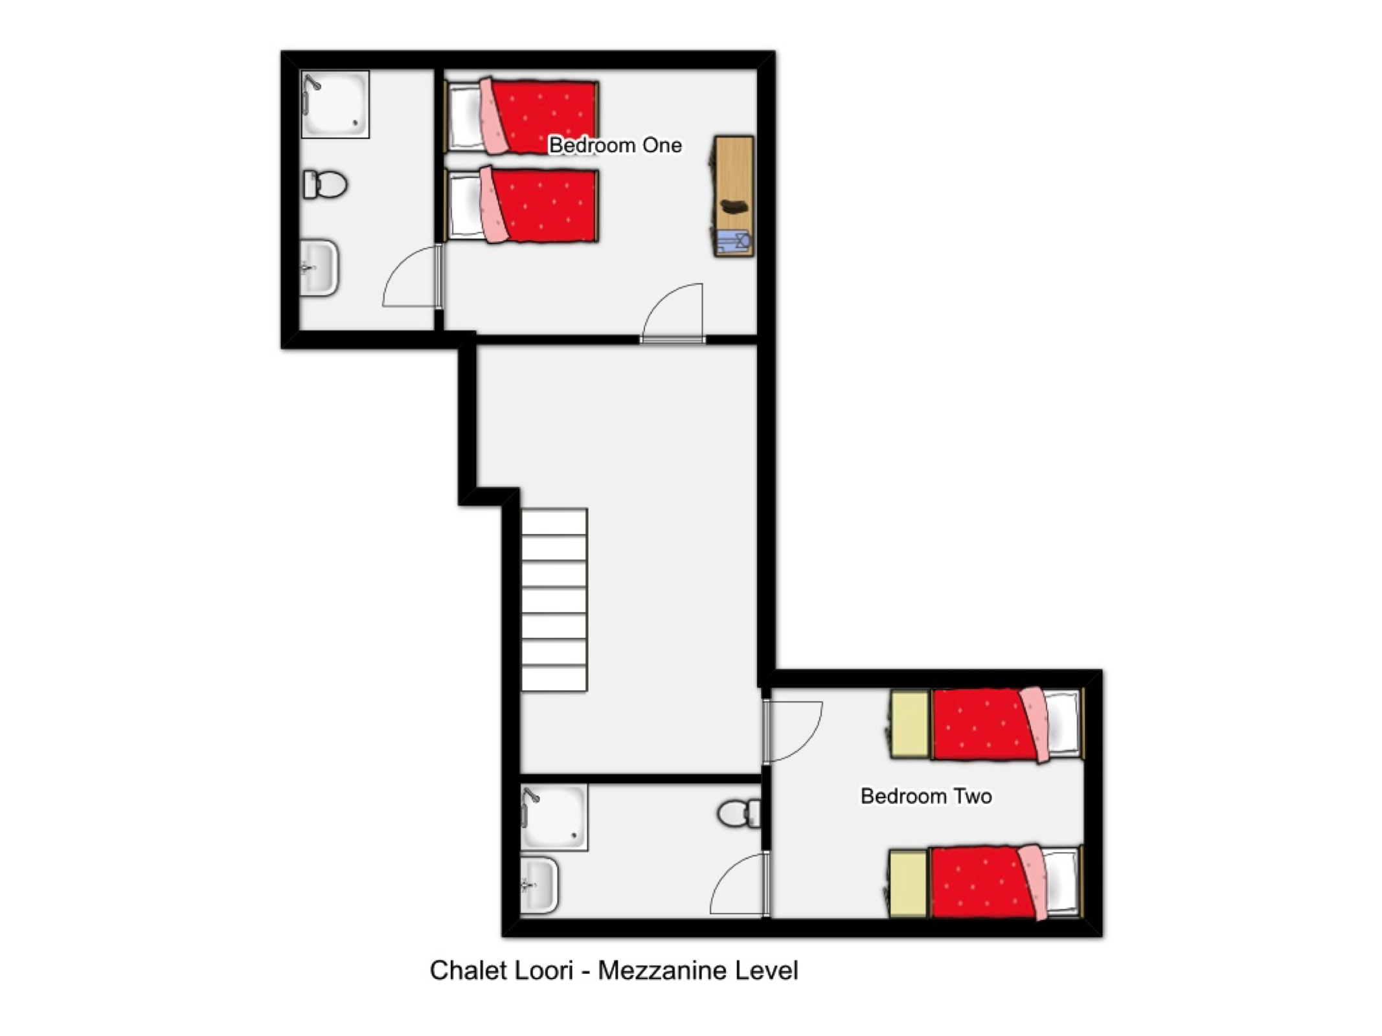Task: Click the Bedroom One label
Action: click(615, 145)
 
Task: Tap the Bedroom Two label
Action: click(926, 796)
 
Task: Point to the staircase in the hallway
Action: click(554, 600)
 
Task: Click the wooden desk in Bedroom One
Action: click(734, 196)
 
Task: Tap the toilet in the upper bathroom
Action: click(325, 185)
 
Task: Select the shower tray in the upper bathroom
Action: click(335, 104)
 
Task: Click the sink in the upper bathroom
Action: click(319, 267)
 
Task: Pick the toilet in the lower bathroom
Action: click(739, 813)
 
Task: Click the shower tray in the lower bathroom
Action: click(554, 817)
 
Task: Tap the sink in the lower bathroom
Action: click(539, 884)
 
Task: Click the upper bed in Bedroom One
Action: click(521, 116)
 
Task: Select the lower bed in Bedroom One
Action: click(521, 205)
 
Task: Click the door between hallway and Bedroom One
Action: click(672, 312)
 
